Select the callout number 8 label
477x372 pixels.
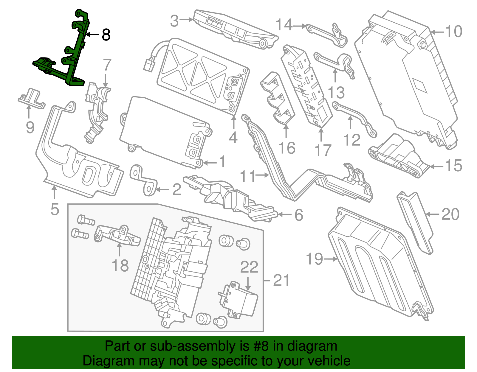[106, 35]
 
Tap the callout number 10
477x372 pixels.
[453, 32]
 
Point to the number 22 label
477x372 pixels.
[249, 267]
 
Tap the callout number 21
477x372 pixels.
[281, 280]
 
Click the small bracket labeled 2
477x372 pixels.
[143, 180]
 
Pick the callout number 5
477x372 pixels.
[55, 209]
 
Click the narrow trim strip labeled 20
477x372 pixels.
[416, 222]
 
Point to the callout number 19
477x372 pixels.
[314, 259]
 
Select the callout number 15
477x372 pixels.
[453, 166]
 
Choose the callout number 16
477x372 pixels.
[287, 148]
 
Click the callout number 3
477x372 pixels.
[174, 21]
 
